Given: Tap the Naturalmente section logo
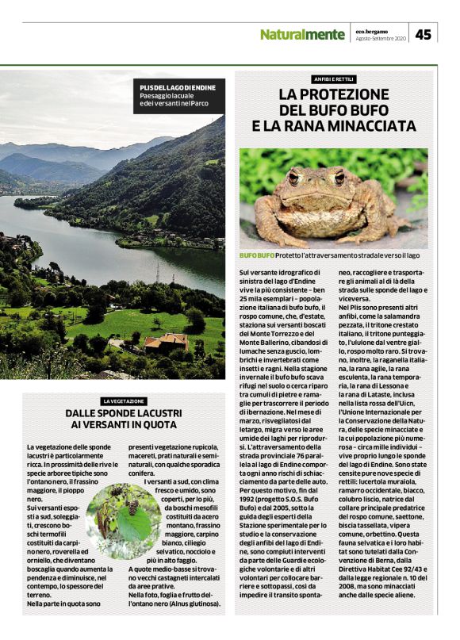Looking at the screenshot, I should coord(302,35).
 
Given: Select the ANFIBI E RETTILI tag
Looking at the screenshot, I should coord(333,79).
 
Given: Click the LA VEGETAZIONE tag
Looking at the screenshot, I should coord(123,401).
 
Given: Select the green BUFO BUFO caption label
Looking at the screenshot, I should coord(257,255).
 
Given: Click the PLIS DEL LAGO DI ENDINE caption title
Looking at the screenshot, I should coord(172,86).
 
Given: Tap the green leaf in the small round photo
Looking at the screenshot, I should coord(137,523).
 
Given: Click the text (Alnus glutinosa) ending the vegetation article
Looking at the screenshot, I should coord(190,604).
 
